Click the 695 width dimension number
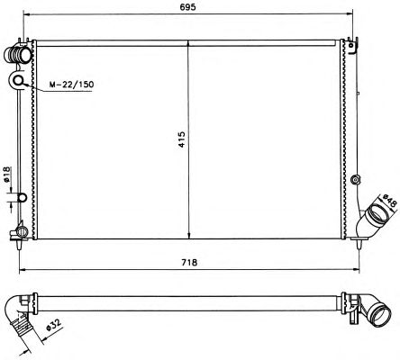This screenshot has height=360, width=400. [x=188, y=6]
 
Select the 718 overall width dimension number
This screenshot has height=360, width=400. [x=189, y=262]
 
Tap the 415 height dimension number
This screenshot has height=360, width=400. [x=182, y=139]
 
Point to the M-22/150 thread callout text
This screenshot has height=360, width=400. [x=71, y=85]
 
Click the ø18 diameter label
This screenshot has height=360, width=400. [x=7, y=175]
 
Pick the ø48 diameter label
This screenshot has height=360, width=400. [x=389, y=201]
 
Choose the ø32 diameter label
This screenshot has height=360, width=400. [x=54, y=326]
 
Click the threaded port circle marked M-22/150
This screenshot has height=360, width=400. [x=19, y=80]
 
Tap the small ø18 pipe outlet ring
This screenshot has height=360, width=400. [x=23, y=197]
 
